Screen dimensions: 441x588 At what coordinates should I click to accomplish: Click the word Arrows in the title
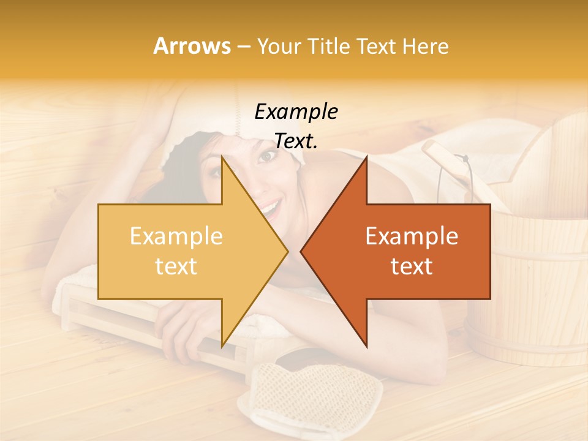pos(192,46)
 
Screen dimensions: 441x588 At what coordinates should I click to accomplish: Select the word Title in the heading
pos(329,46)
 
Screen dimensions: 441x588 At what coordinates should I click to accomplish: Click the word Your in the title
pos(279,46)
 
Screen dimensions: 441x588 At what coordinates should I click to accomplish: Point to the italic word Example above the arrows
pos(296,112)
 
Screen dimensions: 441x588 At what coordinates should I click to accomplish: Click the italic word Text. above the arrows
pos(296,141)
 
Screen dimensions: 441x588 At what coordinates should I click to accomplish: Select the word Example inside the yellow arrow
pos(176,236)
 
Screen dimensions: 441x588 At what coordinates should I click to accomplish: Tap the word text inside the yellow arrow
pos(176,266)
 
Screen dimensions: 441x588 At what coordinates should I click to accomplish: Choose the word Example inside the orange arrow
pos(412,236)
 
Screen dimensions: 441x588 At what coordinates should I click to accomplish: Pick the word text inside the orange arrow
pos(412,266)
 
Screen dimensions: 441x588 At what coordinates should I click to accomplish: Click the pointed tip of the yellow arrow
pos(287,251)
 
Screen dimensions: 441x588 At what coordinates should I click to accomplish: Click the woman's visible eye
pos(267,157)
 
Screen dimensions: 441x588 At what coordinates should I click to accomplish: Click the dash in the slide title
pos(243,47)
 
